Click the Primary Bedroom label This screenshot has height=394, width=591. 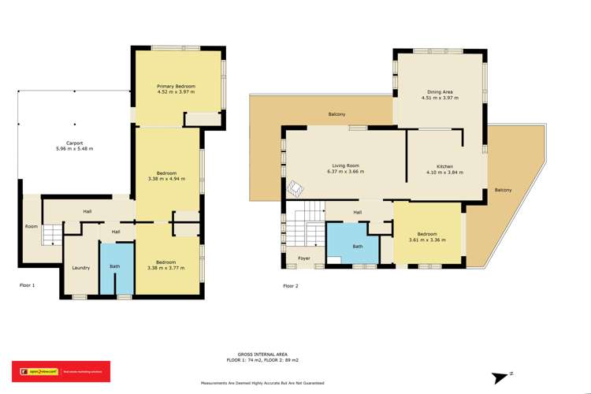176,86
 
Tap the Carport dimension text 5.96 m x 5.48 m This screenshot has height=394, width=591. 74,149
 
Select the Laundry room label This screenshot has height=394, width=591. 80,268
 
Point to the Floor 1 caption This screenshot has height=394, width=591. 28,285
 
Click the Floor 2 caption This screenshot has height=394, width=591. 291,285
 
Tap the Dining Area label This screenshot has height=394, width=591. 440,92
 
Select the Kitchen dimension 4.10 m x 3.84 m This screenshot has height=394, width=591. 444,172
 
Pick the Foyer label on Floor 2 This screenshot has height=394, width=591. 303,258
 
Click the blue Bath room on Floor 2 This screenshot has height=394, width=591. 358,245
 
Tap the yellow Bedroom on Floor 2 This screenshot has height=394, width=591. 426,236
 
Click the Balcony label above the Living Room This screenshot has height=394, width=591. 337,115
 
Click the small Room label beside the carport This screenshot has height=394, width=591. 31,226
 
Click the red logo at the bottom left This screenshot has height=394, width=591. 60,371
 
